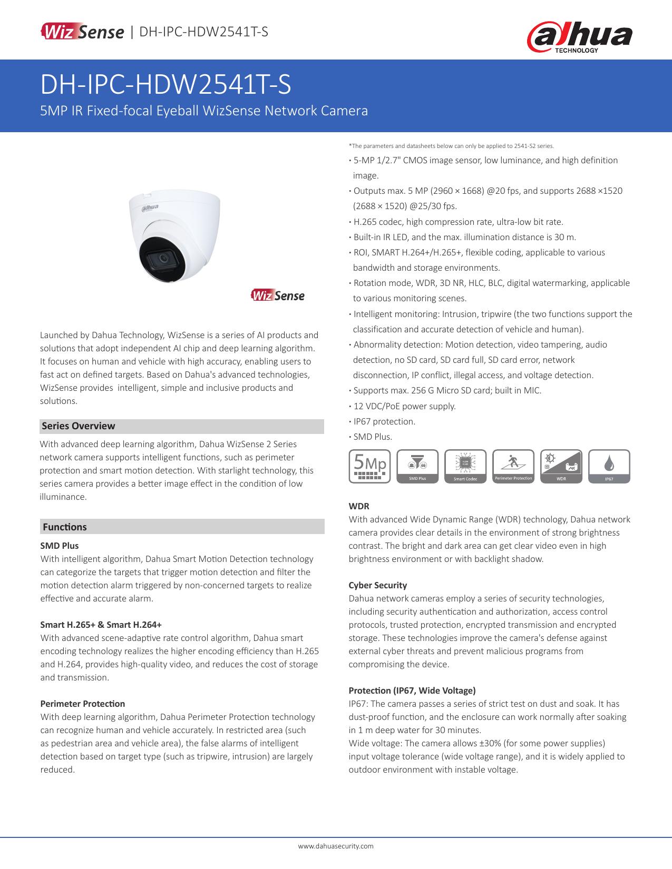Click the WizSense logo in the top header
coord(82,32)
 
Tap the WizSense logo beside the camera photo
coord(278,295)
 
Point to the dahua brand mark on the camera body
coord(149,209)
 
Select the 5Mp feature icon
coord(369,466)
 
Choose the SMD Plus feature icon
coord(417,466)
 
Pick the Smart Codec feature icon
coord(465,466)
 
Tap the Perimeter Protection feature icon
coord(513,466)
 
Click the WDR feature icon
coord(561,466)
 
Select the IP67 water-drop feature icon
coord(609,466)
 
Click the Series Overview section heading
coord(79,426)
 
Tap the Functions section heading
coord(65,527)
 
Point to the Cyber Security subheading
coord(378,585)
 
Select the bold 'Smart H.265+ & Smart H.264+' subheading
coord(101,625)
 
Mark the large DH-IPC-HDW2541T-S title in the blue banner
coord(165,85)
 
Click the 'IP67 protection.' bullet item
coord(384,421)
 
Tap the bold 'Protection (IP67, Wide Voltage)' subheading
coord(412,690)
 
